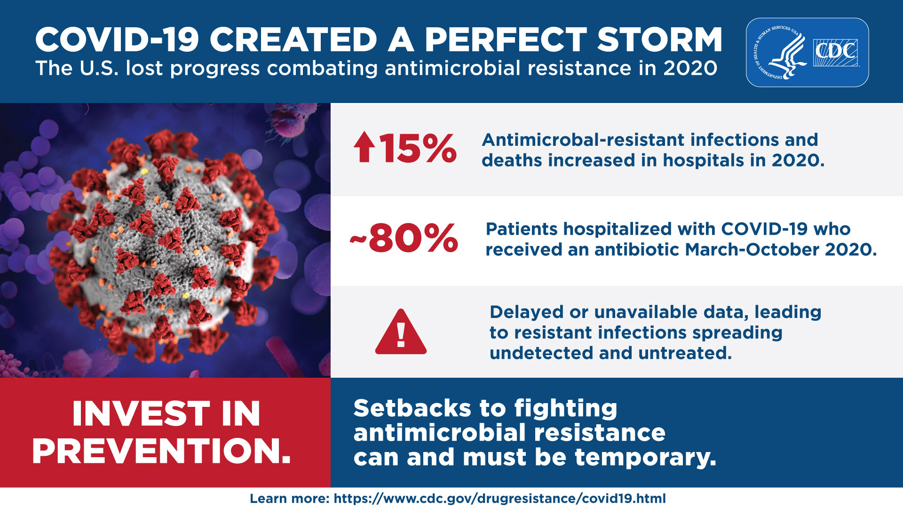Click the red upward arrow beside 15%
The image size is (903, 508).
pos(364,147)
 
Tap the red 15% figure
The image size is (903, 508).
pos(417,148)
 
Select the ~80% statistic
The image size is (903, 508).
pos(405,238)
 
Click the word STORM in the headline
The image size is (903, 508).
pos(659,40)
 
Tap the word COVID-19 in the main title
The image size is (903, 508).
pos(117,40)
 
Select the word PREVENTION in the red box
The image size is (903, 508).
pos(161,451)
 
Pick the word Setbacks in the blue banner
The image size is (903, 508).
pos(412,408)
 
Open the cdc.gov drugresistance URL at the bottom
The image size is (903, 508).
pos(499,499)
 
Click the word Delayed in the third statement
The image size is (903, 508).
pos(526,312)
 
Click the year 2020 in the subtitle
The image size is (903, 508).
pos(690,69)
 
